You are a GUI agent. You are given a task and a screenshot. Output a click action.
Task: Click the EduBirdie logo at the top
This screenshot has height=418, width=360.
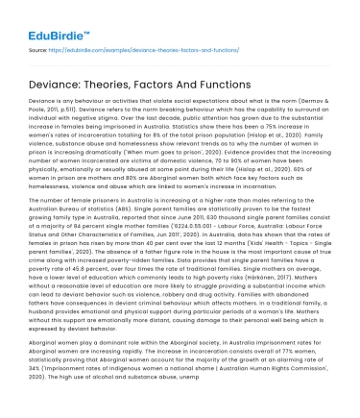pyautogui.click(x=44, y=19)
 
